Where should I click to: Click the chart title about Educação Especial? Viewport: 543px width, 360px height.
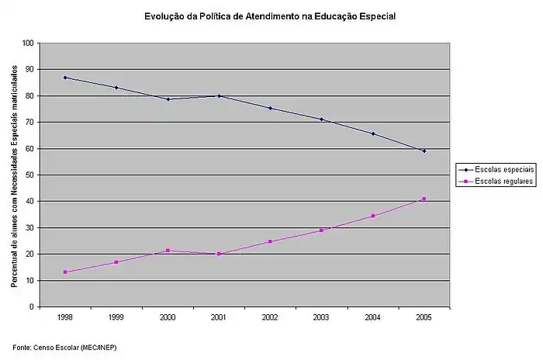(269, 15)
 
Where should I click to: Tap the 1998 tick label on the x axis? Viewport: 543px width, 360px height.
(65, 317)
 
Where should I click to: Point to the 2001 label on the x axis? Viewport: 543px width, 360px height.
(219, 317)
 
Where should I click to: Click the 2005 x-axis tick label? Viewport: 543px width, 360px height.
(424, 317)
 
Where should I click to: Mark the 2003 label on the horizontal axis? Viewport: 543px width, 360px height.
(321, 317)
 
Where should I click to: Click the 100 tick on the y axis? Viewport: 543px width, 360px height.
(27, 43)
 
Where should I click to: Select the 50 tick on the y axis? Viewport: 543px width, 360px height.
(29, 175)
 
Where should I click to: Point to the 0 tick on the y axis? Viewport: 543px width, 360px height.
(31, 307)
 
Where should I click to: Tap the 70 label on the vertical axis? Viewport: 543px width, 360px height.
(29, 123)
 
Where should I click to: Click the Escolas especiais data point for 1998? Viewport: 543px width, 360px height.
(65, 78)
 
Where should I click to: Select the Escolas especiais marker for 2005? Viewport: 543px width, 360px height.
(424, 151)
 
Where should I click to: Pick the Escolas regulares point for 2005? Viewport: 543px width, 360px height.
(424, 199)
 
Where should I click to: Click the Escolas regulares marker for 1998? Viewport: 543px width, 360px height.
(65, 272)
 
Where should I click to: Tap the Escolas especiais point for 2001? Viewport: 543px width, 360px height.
(219, 95)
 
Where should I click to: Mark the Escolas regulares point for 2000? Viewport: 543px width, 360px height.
(168, 251)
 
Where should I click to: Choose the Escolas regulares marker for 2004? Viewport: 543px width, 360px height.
(372, 216)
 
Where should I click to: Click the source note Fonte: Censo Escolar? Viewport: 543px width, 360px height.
(69, 345)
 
